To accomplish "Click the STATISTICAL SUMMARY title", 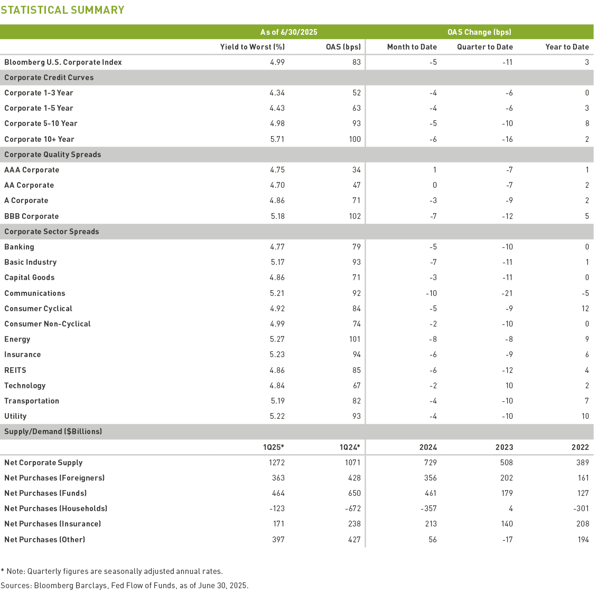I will pyautogui.click(x=62, y=10).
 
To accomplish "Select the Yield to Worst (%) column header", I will pyautogui.click(x=253, y=47).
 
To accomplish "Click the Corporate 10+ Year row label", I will pyautogui.click(x=39, y=139).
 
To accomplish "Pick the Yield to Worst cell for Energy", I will pyautogui.click(x=277, y=339).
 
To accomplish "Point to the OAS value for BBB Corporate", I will pyautogui.click(x=354, y=216).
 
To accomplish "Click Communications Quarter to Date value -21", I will pyautogui.click(x=507, y=293).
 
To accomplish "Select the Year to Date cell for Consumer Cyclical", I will pyautogui.click(x=585, y=309).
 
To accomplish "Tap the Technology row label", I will pyautogui.click(x=25, y=386).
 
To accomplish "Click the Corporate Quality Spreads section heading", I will pyautogui.click(x=52, y=155).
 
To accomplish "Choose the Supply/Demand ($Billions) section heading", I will pyautogui.click(x=53, y=432).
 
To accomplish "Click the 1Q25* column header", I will pyautogui.click(x=274, y=447).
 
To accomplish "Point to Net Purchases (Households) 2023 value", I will pyautogui.click(x=510, y=509).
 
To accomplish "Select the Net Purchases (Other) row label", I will pyautogui.click(x=44, y=540).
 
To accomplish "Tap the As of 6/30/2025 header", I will pyautogui.click(x=288, y=32).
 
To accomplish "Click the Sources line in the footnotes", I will pyautogui.click(x=124, y=586).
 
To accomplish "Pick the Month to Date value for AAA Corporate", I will pyautogui.click(x=434, y=170).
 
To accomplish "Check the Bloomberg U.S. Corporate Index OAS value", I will pyautogui.click(x=357, y=62).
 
